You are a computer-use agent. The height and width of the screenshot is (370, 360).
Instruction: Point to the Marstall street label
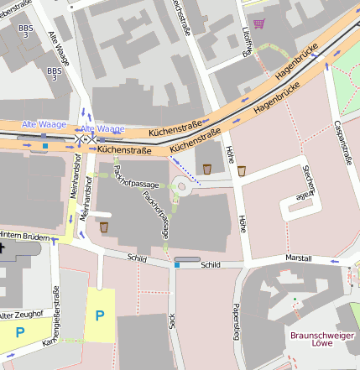[x=299, y=257]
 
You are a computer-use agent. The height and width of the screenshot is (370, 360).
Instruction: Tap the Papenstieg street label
[x=237, y=317]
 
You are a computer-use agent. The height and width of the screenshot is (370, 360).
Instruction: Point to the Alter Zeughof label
[x=18, y=315]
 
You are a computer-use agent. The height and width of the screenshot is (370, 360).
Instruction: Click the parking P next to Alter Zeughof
[x=20, y=332]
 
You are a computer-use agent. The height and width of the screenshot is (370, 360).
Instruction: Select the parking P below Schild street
[x=100, y=315]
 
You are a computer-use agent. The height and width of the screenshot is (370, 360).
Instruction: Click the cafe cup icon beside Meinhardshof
[x=104, y=227]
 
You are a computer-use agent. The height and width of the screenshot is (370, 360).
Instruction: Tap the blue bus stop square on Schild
[x=177, y=265]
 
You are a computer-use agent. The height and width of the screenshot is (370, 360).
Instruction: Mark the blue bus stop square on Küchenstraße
[x=44, y=146]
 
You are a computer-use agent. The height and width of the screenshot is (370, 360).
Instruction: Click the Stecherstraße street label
[x=305, y=183]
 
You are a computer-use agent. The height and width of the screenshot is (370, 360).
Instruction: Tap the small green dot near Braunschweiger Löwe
[x=295, y=299]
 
